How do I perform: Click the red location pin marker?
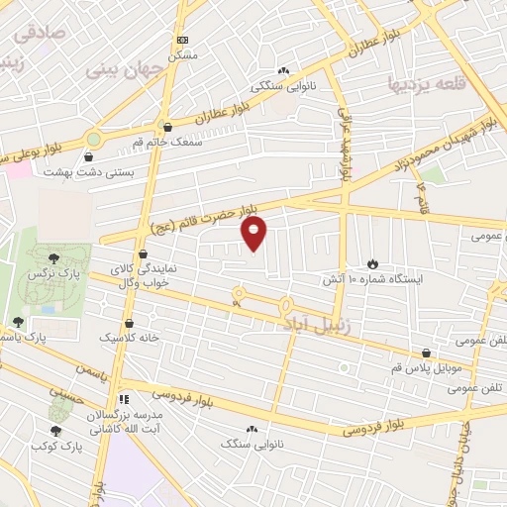click(x=254, y=232)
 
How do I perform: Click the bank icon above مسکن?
click(x=180, y=40)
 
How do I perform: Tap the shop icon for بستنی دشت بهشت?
click(x=90, y=155)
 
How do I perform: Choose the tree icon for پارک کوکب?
click(x=54, y=431)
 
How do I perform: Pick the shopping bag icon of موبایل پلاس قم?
click(x=427, y=353)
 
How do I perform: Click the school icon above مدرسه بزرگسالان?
click(x=123, y=398)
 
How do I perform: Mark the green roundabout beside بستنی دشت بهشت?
click(x=94, y=141)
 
